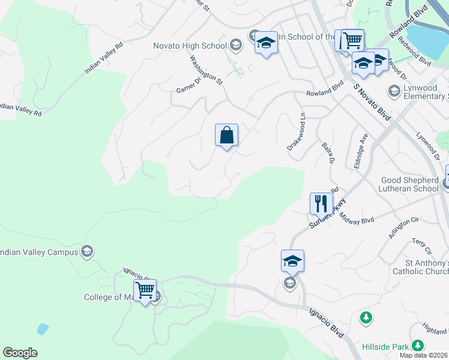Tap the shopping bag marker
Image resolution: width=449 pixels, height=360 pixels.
point(226,135)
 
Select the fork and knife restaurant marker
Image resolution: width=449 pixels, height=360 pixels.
point(321,203)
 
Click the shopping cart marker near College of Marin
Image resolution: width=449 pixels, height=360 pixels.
point(145,291)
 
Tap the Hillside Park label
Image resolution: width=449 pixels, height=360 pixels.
point(385,347)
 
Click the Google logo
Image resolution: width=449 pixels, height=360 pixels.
point(20,353)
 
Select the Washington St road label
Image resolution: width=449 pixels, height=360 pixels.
point(206,70)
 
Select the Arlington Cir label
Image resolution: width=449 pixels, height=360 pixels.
point(402,229)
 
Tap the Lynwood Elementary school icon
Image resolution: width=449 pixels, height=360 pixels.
point(394,91)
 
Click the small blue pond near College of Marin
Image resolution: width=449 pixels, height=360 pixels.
point(42,329)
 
